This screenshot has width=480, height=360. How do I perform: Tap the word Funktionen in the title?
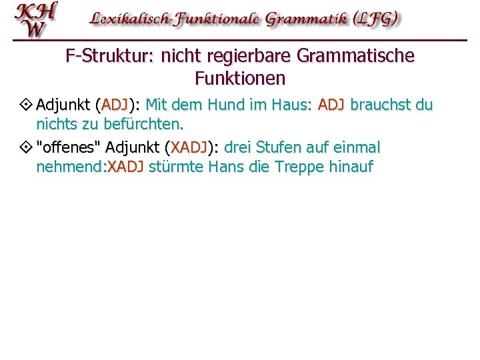240,79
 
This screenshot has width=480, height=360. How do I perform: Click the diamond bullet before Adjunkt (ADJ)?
27,105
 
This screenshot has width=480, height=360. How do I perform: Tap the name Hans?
226,166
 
